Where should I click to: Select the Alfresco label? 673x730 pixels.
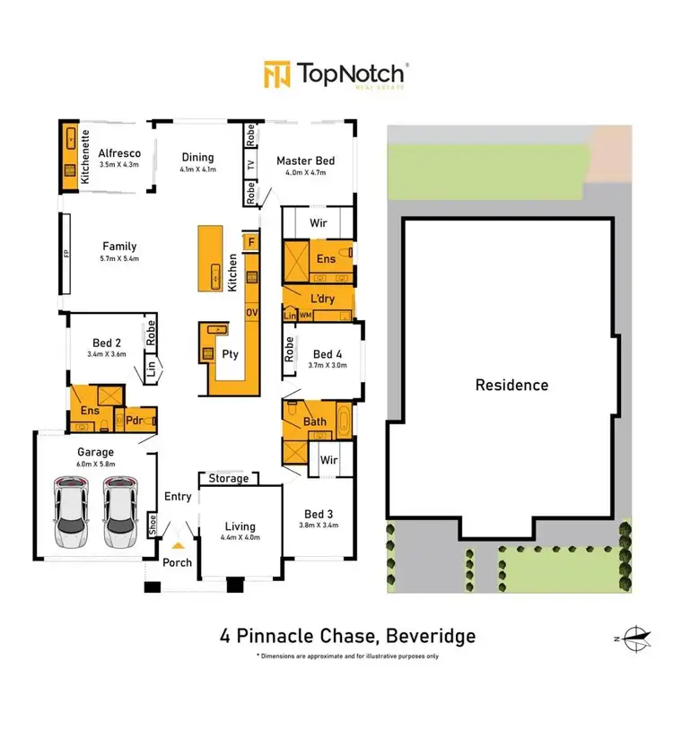(119, 153)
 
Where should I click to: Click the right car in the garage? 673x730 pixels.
(119, 513)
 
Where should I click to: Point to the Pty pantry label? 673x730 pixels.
(231, 353)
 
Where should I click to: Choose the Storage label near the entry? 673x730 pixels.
(229, 479)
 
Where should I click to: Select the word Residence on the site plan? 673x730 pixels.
(511, 386)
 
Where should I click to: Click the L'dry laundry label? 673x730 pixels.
(321, 298)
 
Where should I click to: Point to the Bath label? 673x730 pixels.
(315, 421)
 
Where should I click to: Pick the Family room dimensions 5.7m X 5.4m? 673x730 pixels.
(119, 259)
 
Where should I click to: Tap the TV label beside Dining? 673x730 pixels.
(251, 164)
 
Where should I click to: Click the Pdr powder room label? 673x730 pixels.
(135, 420)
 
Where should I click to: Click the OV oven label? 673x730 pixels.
(251, 311)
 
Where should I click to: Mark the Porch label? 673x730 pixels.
(176, 563)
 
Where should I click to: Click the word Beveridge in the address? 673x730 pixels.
(427, 638)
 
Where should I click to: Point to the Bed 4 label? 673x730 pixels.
(328, 354)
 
